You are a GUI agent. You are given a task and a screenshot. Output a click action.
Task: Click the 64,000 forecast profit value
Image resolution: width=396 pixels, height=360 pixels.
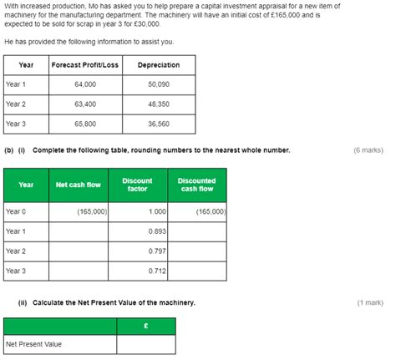pyautogui.click(x=85, y=84)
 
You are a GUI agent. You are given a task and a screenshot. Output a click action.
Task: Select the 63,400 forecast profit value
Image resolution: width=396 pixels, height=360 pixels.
pyautogui.click(x=85, y=104)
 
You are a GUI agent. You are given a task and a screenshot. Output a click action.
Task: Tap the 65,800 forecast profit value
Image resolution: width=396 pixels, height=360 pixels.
pyautogui.click(x=85, y=124)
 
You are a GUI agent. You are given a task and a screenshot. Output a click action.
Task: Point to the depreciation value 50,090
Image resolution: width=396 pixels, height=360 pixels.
pyautogui.click(x=158, y=84)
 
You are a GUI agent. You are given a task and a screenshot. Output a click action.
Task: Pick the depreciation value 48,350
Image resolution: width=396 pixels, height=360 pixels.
pyautogui.click(x=158, y=104)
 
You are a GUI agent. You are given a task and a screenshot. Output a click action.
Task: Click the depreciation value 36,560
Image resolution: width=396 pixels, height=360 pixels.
pyautogui.click(x=158, y=124)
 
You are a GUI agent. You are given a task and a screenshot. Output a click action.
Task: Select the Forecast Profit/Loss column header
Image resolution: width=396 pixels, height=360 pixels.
pyautogui.click(x=84, y=64)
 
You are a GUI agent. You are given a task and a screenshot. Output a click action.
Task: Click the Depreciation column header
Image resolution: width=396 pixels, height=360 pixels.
pyautogui.click(x=159, y=64)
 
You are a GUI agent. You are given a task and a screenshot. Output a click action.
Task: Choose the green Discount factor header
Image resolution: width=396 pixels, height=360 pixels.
pyautogui.click(x=137, y=185)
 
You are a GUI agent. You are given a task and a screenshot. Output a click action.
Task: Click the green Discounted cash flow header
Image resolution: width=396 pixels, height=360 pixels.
pyautogui.click(x=196, y=185)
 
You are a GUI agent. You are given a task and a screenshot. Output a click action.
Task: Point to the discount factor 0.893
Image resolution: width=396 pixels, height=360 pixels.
pyautogui.click(x=157, y=231)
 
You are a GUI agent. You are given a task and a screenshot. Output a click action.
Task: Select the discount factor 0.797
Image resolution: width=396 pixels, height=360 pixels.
pyautogui.click(x=157, y=251)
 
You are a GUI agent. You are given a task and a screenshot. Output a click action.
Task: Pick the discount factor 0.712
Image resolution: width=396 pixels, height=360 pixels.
pyautogui.click(x=157, y=271)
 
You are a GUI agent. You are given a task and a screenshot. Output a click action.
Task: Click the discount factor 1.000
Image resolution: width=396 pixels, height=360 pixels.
pyautogui.click(x=157, y=212)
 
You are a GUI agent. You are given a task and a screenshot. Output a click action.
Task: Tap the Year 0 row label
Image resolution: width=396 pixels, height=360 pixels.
pyautogui.click(x=16, y=212)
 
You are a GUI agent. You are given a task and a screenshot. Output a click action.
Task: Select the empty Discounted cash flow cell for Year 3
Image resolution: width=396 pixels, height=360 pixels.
pyautogui.click(x=196, y=271)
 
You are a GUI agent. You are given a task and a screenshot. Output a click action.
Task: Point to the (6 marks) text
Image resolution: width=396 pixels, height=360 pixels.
pyautogui.click(x=368, y=150)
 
